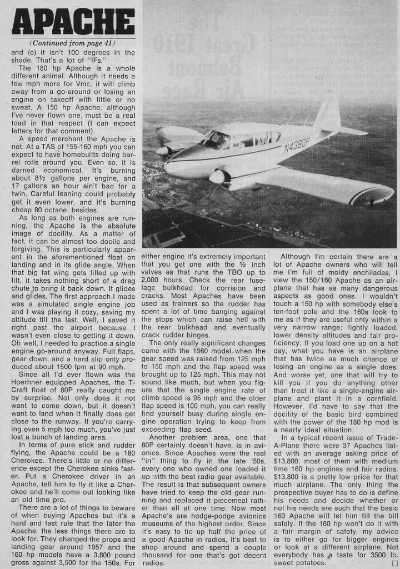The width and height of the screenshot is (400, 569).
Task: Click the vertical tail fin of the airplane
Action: [x=328, y=113]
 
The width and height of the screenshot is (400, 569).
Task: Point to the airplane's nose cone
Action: [x=167, y=167]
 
